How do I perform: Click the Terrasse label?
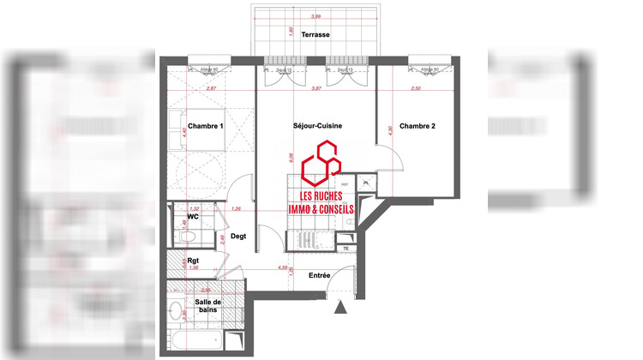pyautogui.click(x=316, y=35)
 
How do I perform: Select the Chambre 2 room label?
pyautogui.click(x=418, y=126)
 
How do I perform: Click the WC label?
pyautogui.click(x=194, y=216)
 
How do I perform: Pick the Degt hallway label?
pyautogui.click(x=240, y=237)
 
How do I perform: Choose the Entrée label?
pyautogui.click(x=320, y=274)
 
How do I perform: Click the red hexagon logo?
pyautogui.click(x=318, y=164)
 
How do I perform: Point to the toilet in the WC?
pyautogui.click(x=183, y=229)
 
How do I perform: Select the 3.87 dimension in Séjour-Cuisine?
pyautogui.click(x=315, y=88)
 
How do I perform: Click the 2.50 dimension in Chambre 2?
pyautogui.click(x=417, y=88)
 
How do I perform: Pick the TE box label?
pyautogui.click(x=346, y=249)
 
